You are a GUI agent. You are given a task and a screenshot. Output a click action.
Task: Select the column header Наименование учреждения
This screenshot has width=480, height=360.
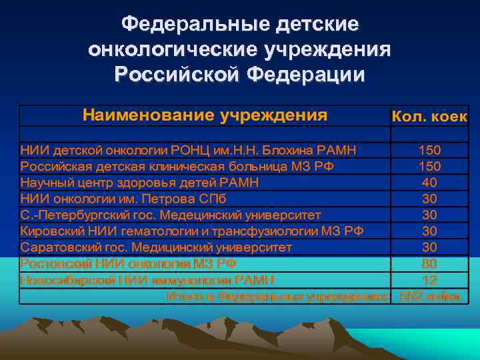205,115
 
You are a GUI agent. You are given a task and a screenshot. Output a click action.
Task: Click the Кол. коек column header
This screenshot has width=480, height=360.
429,117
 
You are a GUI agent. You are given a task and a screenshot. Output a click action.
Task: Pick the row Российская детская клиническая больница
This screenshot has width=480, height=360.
177,165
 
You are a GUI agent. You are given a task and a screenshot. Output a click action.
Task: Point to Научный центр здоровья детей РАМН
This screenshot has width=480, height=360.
139,182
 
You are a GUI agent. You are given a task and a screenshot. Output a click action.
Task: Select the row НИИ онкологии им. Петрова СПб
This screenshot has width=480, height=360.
123,198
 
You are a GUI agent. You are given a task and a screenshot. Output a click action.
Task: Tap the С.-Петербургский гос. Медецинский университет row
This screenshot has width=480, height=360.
171,215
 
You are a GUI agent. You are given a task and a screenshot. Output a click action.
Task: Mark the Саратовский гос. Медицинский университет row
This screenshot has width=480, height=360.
156,247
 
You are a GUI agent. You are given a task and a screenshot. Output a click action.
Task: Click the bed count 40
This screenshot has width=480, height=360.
429,182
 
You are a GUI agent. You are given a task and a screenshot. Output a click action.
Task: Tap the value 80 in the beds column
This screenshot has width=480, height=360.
429,263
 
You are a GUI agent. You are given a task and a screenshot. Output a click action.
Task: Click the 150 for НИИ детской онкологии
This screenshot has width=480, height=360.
429,149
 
